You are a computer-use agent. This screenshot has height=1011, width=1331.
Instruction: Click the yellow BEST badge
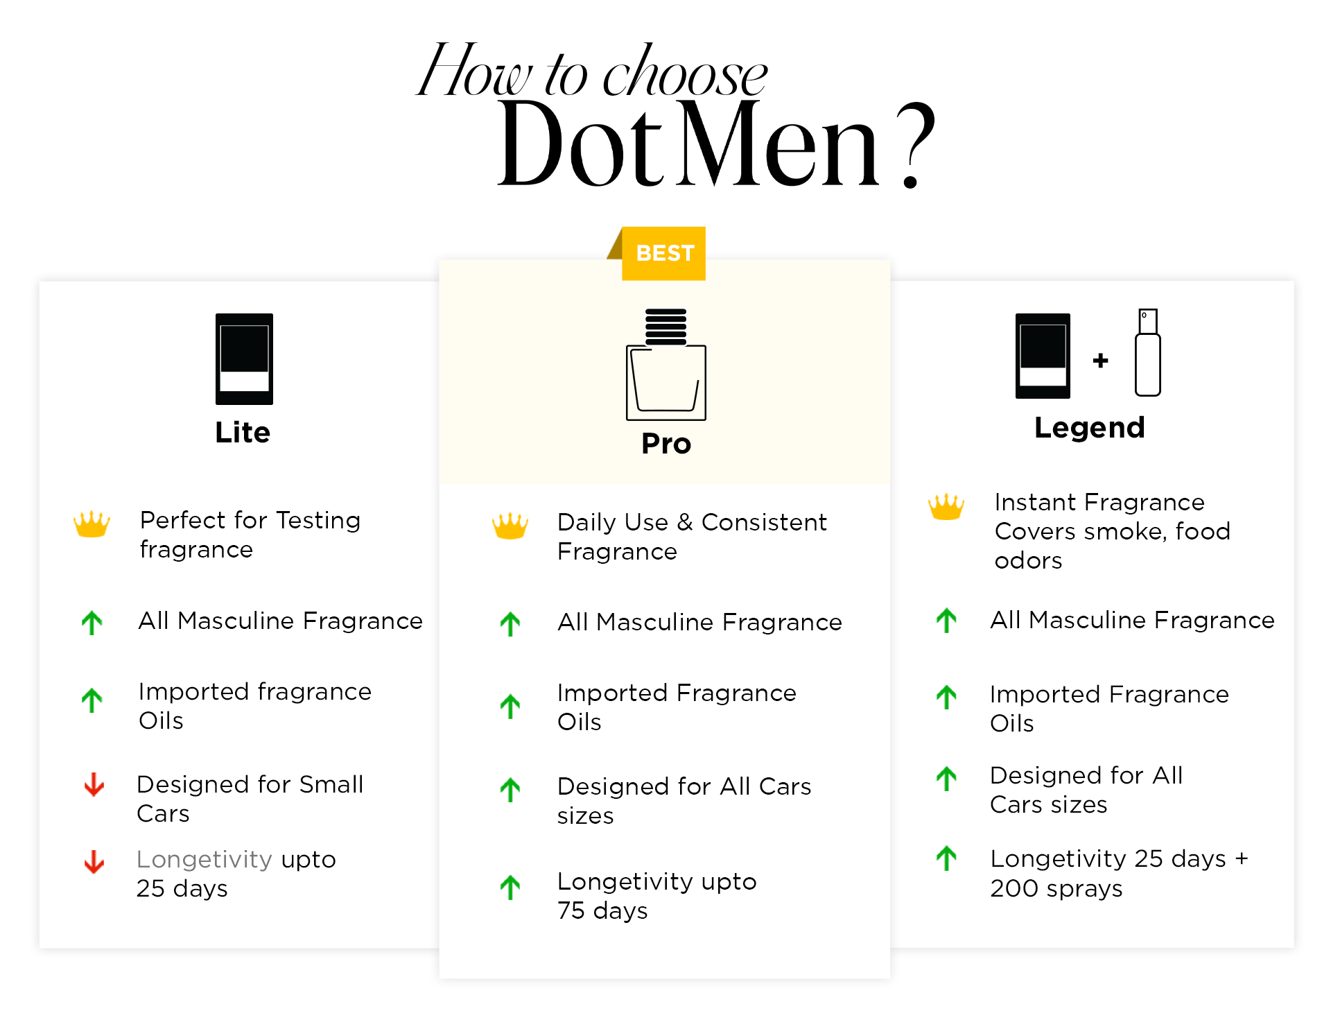(x=663, y=253)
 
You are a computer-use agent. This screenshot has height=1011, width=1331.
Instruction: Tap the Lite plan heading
(x=243, y=432)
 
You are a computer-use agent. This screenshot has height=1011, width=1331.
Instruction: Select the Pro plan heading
(x=666, y=443)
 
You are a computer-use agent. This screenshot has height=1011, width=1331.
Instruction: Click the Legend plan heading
(x=1089, y=427)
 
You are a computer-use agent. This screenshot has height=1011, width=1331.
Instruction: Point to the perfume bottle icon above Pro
(x=666, y=364)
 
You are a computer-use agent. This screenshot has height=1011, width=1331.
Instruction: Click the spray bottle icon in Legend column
(x=1148, y=353)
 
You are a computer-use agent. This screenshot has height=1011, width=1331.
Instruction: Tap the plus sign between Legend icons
(x=1100, y=360)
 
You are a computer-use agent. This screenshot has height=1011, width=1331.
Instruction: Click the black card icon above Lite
(x=244, y=358)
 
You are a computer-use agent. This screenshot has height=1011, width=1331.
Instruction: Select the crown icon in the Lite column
(x=92, y=524)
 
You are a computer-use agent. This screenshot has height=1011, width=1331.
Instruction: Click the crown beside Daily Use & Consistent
(x=510, y=526)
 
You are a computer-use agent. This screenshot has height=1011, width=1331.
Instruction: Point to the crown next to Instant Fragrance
(x=946, y=507)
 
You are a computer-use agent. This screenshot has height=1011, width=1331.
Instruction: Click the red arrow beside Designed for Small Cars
(x=94, y=785)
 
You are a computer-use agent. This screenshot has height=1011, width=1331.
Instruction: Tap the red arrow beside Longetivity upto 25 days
(x=94, y=862)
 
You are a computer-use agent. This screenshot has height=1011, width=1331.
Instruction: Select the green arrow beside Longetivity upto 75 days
(x=510, y=888)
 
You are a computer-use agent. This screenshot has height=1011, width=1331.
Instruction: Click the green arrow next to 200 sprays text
(x=946, y=858)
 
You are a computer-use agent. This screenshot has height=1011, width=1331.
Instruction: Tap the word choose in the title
(x=685, y=71)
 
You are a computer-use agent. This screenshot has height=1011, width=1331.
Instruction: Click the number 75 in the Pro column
(x=572, y=910)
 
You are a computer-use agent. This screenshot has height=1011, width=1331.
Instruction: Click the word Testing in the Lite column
(x=318, y=521)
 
